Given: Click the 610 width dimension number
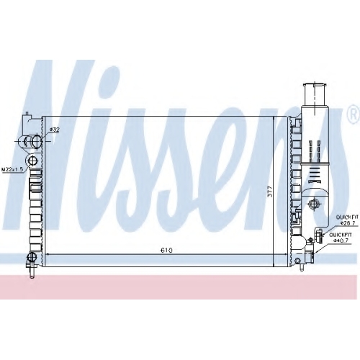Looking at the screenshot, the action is pyautogui.click(x=166, y=250).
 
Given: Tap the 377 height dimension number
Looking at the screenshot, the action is pyautogui.click(x=270, y=192).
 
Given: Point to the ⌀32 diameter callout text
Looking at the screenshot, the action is pyautogui.click(x=54, y=130).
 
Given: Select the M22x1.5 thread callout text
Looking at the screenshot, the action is pyautogui.click(x=12, y=170).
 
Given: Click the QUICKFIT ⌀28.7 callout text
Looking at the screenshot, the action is pyautogui.click(x=346, y=220).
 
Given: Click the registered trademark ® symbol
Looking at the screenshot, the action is pyautogui.click(x=354, y=114).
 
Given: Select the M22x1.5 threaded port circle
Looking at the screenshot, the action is pyautogui.click(x=32, y=160).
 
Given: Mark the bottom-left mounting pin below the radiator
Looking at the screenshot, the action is pyautogui.click(x=32, y=272).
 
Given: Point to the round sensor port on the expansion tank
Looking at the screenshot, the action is pyautogui.click(x=313, y=204).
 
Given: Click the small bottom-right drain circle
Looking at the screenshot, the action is pyautogui.click(x=298, y=261).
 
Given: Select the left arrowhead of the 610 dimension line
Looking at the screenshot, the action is pyautogui.click(x=48, y=255).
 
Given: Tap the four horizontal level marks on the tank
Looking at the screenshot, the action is pyautogui.click(x=314, y=174).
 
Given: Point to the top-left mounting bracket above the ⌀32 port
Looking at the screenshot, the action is pyautogui.click(x=27, y=122).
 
